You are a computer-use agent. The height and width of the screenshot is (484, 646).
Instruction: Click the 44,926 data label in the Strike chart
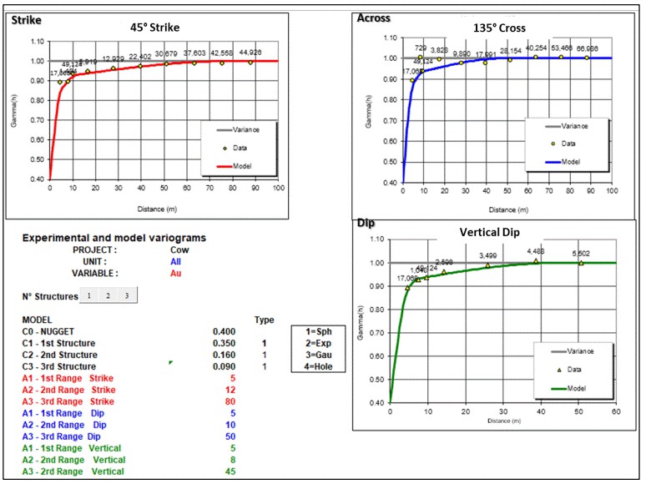click(250, 52)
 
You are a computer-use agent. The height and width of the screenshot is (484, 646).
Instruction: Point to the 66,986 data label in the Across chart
click(587, 49)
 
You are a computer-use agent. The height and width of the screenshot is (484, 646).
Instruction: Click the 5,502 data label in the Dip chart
click(580, 255)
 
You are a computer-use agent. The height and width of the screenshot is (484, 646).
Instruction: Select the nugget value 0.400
click(224, 331)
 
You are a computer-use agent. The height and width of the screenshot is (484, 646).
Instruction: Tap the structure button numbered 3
click(125, 295)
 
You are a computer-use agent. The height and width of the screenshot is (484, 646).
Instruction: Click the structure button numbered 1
click(89, 295)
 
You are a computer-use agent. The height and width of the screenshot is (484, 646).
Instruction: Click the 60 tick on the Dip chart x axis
click(616, 411)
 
